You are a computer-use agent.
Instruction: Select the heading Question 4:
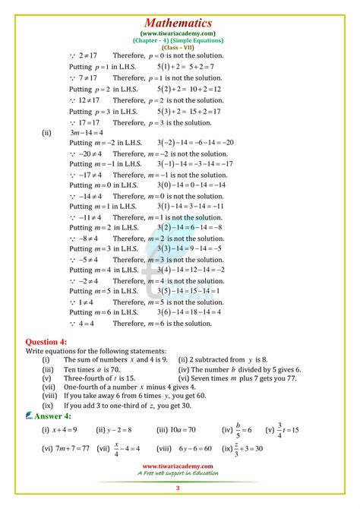(46, 342)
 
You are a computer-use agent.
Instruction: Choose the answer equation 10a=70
(185, 430)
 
